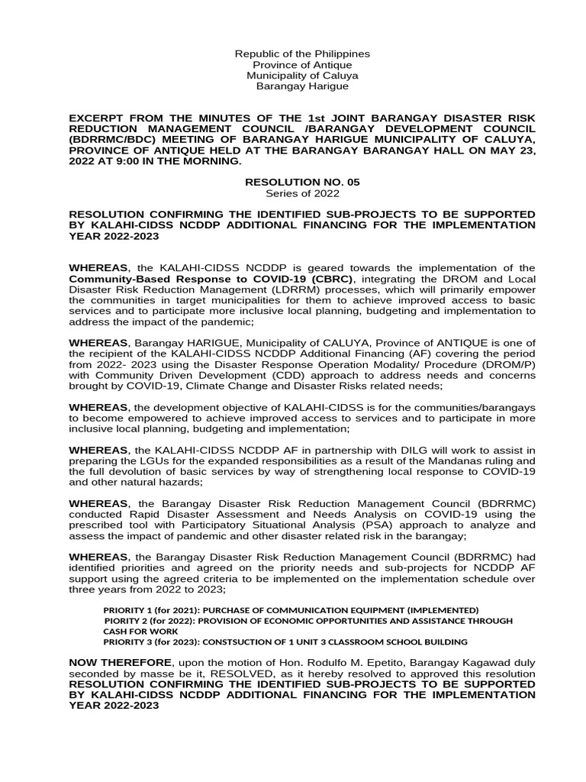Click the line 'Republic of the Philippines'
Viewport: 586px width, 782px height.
click(302, 54)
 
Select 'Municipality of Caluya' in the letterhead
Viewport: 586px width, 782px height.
click(302, 76)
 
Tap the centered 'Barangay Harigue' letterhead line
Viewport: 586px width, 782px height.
click(302, 86)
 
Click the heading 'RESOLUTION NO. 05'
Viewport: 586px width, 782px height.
click(302, 183)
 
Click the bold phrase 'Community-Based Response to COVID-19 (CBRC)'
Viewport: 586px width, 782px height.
click(190, 279)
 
